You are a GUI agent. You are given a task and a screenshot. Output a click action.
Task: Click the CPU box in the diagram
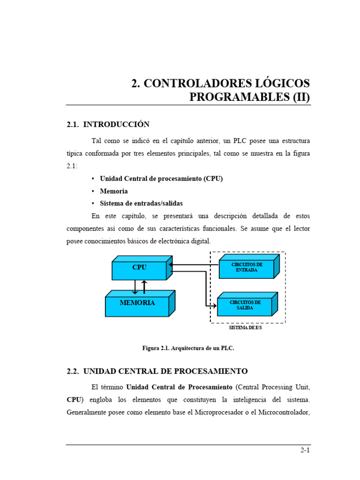pos(139,270)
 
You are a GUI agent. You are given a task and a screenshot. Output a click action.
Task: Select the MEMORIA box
pos(137,305)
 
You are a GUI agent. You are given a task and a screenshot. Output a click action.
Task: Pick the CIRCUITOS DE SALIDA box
pos(244,306)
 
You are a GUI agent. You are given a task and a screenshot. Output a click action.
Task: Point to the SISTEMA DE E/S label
pos(245,327)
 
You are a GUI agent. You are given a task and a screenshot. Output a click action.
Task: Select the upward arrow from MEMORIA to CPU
pos(144,287)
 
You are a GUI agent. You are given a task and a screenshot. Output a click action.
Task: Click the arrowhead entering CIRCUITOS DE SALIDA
pos(215,306)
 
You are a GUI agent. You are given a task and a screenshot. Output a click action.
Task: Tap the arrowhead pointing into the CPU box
pos(171,265)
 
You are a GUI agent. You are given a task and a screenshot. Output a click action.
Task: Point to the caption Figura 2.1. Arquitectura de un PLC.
pos(187,348)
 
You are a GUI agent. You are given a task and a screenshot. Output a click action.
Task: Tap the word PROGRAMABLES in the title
pos(239,97)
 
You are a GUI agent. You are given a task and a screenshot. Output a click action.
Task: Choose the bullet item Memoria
pos(113,191)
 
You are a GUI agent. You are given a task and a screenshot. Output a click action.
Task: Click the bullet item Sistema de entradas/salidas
pos(141,203)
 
